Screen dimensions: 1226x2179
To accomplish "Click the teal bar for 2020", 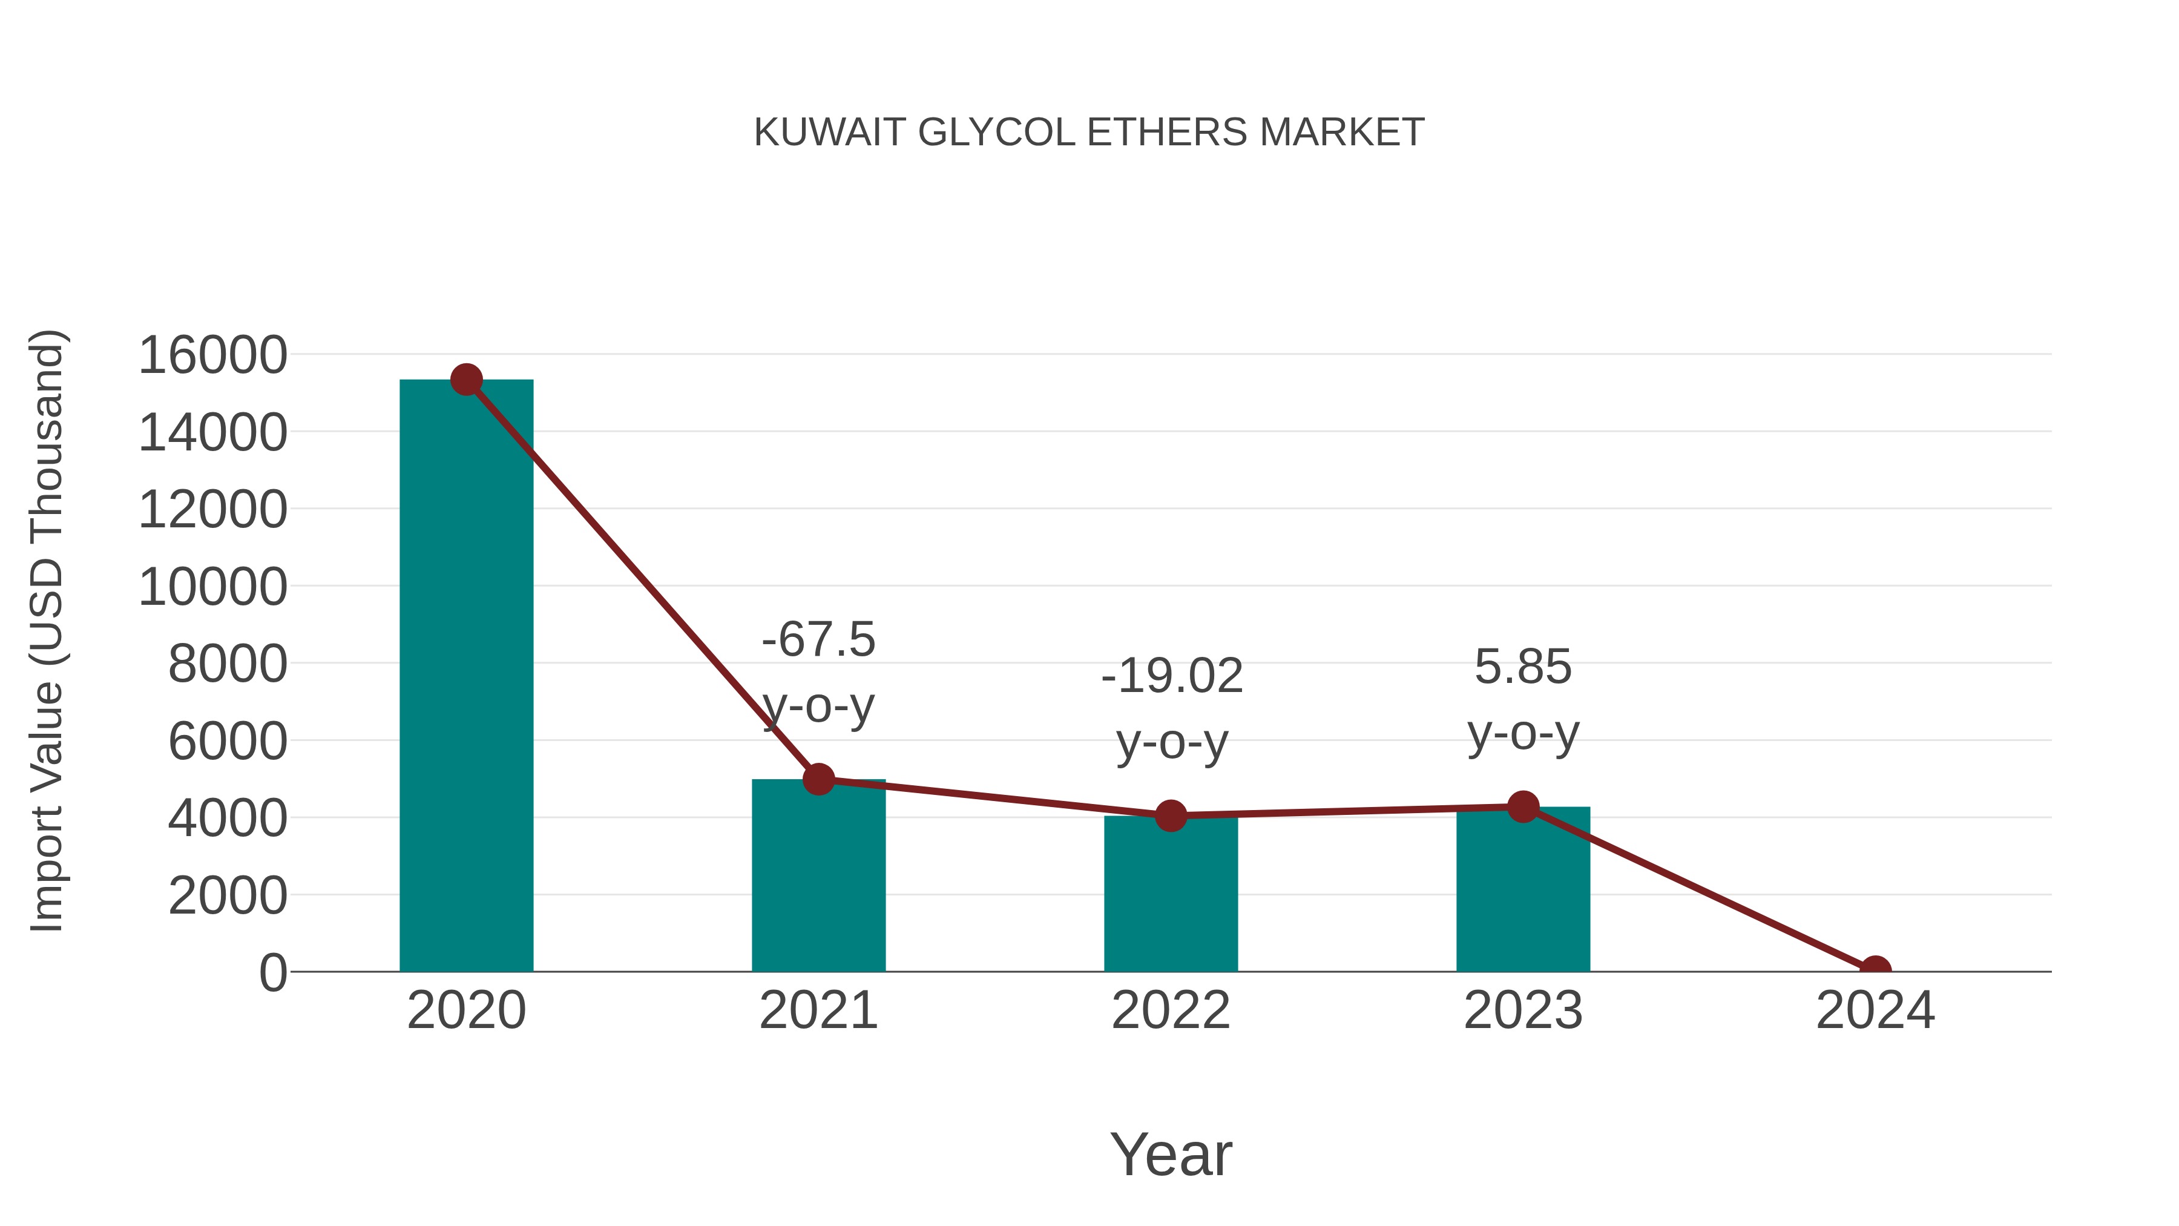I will (x=466, y=677).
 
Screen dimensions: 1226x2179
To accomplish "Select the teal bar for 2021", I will (x=818, y=880).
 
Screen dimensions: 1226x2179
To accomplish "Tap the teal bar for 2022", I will (x=1171, y=897).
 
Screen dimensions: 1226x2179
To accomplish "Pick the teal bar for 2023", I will (x=1523, y=892).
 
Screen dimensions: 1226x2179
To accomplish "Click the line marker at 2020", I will (x=466, y=380).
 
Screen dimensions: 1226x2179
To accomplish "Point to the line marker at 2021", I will (x=818, y=779).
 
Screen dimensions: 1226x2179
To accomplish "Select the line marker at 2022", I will (x=1171, y=816).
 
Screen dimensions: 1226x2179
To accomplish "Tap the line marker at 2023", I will (x=1523, y=807).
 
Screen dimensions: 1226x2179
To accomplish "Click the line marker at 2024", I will (x=1875, y=970).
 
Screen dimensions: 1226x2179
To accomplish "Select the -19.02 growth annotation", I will (x=1172, y=708).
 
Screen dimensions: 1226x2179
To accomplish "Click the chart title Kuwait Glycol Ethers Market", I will (x=1089, y=133).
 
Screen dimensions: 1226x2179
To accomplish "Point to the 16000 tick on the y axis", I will (x=212, y=355).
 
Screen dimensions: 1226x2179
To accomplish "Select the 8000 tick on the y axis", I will (x=228, y=664).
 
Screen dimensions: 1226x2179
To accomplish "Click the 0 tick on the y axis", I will (x=272, y=972).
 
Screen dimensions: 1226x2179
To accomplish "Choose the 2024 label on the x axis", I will (x=1875, y=1010).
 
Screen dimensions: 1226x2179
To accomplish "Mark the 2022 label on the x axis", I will (x=1171, y=1010).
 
